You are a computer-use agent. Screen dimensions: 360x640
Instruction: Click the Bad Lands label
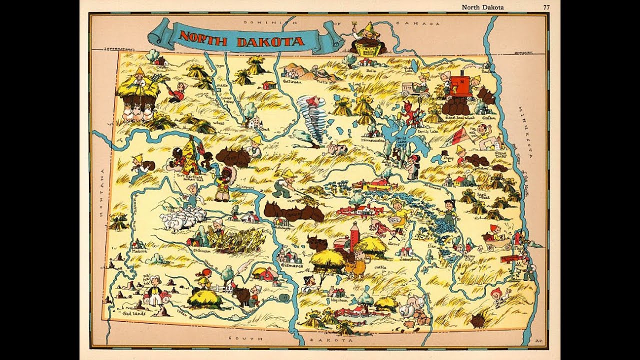point(134,313)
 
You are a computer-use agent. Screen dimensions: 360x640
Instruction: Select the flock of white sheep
point(182,218)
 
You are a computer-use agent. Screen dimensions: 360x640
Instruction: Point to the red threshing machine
point(459,84)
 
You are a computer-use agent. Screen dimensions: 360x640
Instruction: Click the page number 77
point(546,7)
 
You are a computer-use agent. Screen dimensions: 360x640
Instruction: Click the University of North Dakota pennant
point(458,135)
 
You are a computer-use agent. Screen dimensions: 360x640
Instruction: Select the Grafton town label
point(488,118)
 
